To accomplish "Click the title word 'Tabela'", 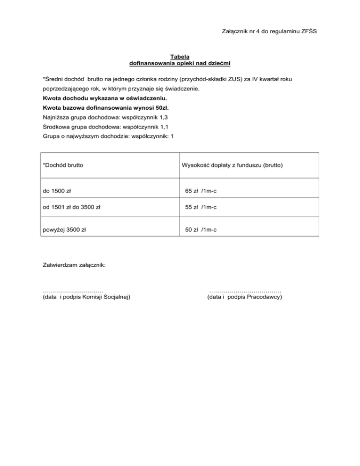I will click(x=180, y=57).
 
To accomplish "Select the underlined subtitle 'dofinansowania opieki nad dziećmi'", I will click(x=180, y=63).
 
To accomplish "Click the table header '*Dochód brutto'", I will click(x=64, y=165).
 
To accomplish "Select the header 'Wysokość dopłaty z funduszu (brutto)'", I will click(x=234, y=165).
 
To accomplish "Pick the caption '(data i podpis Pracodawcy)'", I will click(x=244, y=297).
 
